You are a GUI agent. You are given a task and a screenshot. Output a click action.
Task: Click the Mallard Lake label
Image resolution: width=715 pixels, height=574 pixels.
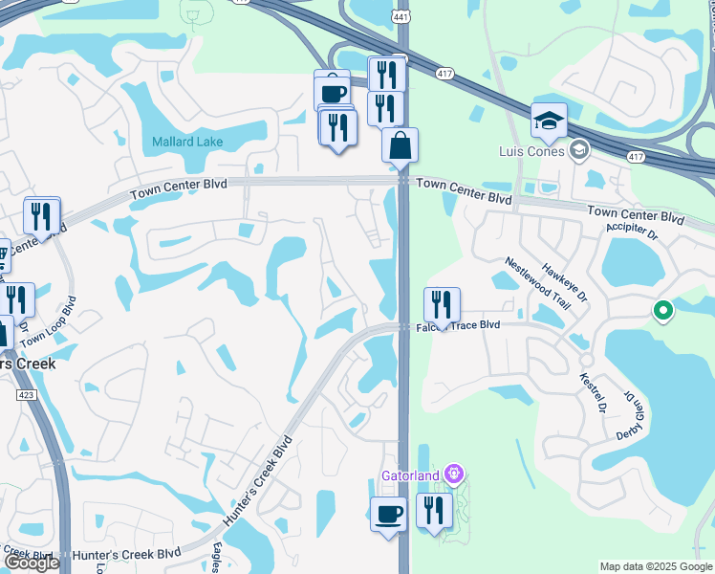(x=186, y=143)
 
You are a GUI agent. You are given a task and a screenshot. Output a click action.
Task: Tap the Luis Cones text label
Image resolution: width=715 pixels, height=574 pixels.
(x=533, y=150)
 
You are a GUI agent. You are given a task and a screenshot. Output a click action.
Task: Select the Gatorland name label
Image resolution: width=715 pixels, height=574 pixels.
(x=411, y=475)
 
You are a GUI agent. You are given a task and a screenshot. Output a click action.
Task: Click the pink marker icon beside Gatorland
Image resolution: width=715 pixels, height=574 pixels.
(x=454, y=475)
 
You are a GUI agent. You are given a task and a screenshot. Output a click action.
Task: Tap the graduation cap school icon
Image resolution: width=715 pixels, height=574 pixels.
(x=549, y=121)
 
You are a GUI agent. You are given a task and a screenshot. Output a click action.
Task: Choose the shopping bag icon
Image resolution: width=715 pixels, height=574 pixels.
(x=401, y=146)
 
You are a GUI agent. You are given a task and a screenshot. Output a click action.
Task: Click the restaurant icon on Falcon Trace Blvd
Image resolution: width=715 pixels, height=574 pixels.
(x=442, y=305)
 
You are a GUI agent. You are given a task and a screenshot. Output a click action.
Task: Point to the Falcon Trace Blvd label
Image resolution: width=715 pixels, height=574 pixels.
(x=459, y=325)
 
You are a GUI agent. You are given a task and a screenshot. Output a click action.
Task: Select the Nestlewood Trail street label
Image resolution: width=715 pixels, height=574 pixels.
(x=537, y=283)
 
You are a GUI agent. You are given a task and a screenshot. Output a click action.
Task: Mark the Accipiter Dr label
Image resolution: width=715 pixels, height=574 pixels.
(x=632, y=232)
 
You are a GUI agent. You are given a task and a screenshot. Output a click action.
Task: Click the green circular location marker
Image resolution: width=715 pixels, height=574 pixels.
(x=661, y=311)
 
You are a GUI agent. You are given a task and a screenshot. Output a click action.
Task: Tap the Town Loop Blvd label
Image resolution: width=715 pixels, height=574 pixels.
(x=50, y=322)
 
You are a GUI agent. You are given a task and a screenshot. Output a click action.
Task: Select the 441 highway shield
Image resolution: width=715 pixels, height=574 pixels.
(x=401, y=15)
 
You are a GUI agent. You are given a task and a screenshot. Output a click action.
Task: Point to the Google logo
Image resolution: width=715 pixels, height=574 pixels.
(x=31, y=563)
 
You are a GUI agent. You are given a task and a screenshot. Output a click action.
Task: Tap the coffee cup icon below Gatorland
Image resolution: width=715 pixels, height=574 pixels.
(x=388, y=514)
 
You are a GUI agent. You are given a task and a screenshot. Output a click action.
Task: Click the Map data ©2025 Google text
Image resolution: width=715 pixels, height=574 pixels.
(x=655, y=566)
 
